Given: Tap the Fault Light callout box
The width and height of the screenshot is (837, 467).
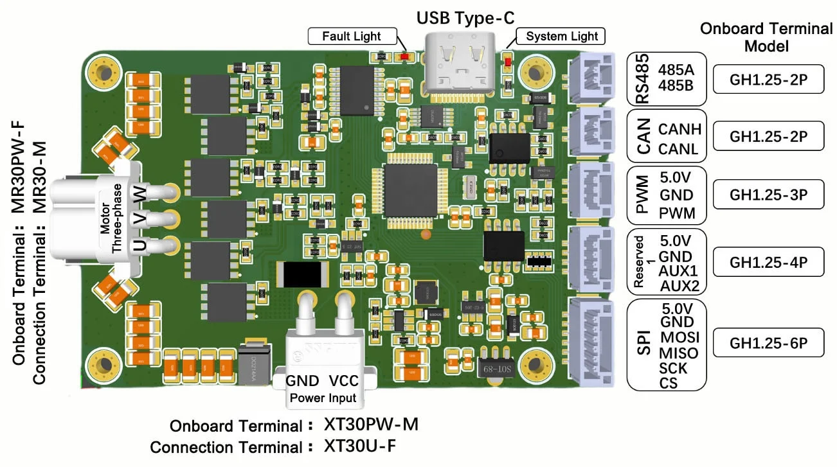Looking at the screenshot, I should point(351,36).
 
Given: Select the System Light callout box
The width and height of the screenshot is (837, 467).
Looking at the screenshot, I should point(561,36).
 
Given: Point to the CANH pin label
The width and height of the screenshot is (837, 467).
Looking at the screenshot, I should point(679,129).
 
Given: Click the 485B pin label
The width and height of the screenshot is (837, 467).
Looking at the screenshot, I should point(676,83).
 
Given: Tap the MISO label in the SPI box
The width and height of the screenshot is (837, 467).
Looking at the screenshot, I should point(678,353).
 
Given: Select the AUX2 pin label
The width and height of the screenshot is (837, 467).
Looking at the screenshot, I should point(679,285).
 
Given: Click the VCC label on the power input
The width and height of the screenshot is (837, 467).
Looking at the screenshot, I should point(344,381).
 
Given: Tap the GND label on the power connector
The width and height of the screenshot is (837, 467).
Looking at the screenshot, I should point(301,381).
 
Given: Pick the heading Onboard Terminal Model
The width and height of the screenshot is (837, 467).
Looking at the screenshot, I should point(766,37).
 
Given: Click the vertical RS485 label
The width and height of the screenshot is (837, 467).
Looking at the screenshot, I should point(642,80).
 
